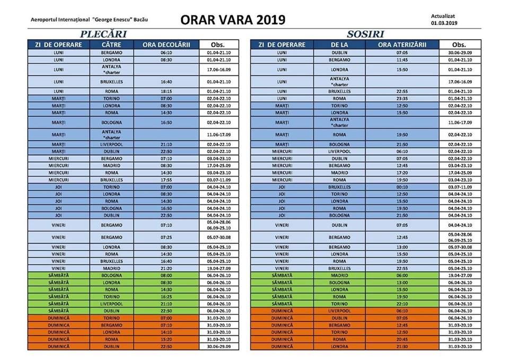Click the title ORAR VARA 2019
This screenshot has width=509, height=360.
pyautogui.click(x=233, y=20)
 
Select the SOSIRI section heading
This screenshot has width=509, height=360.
pyautogui.click(x=362, y=34)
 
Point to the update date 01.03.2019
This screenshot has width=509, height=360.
pyautogui.click(x=444, y=23)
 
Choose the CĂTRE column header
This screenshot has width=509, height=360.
pyautogui.click(x=112, y=45)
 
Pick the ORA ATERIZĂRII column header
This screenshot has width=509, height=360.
pyautogui.click(x=402, y=45)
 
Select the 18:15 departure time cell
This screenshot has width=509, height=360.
pyautogui.click(x=166, y=92)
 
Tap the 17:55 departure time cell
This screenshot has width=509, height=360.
pyautogui.click(x=166, y=180)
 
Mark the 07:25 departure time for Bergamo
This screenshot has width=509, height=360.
pyautogui.click(x=166, y=237)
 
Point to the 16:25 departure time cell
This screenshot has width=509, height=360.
pyautogui.click(x=166, y=297)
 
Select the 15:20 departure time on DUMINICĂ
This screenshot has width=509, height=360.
pyautogui.click(x=166, y=339)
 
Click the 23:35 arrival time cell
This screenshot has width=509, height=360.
pyautogui.click(x=401, y=99)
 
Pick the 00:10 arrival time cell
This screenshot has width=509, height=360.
pyautogui.click(x=401, y=187)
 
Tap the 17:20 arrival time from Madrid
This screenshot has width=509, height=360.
pyautogui.click(x=401, y=172)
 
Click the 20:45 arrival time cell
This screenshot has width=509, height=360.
pyautogui.click(x=401, y=339)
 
